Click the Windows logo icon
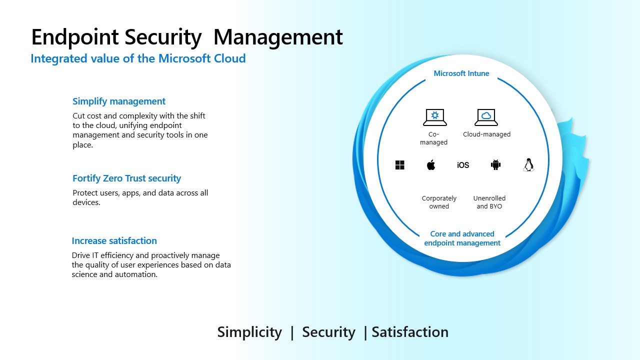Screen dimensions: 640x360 tap(399, 165)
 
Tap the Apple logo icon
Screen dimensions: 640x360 tap(431, 165)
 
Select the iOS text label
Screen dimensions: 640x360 tap(463, 165)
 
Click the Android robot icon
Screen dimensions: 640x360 tap(495, 164)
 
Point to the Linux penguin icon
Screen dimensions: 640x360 tap(528, 165)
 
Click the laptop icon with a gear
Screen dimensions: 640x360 tap(435, 117)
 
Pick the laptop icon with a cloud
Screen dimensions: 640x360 tap(486, 117)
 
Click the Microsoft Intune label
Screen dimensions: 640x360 tap(461, 73)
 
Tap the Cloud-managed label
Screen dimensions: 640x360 tap(486, 134)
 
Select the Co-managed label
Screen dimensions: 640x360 tap(433, 138)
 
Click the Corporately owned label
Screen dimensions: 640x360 tap(439, 202)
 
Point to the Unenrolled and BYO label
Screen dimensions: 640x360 tap(489, 202)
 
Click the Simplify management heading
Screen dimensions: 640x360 tap(119, 101)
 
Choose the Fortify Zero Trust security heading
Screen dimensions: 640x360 tap(127, 178)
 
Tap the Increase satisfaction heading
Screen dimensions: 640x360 tap(114, 241)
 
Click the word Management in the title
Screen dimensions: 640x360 tap(278, 37)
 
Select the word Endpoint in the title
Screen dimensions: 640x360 tap(75, 37)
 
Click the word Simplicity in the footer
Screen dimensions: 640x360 tap(249, 332)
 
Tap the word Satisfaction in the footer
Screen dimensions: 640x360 tap(410, 332)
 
